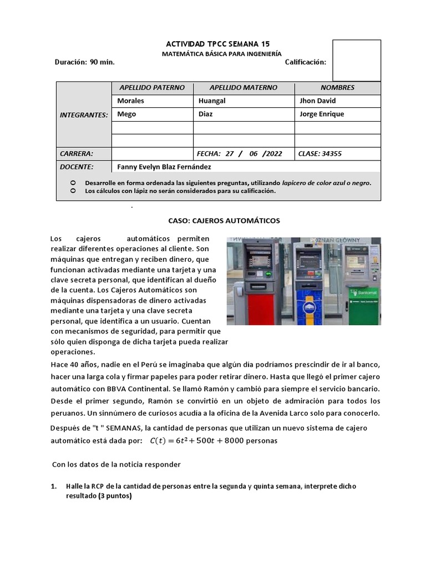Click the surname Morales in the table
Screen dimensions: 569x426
click(x=131, y=101)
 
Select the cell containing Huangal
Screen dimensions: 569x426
click(x=212, y=101)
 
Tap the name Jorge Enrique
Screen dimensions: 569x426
click(x=322, y=114)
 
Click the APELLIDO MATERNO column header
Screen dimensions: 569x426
click(x=244, y=88)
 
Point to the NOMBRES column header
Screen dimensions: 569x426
click(x=337, y=88)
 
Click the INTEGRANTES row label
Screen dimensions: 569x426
click(x=84, y=114)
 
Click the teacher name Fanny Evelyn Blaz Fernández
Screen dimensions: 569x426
click(x=164, y=167)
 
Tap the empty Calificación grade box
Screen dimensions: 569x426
click(x=356, y=61)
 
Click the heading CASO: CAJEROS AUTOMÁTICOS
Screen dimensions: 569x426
click(x=224, y=221)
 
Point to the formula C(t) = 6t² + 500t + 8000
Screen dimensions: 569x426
click(x=212, y=441)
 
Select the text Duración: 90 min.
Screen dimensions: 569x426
click(x=84, y=62)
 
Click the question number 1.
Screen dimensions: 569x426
click(x=54, y=486)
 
